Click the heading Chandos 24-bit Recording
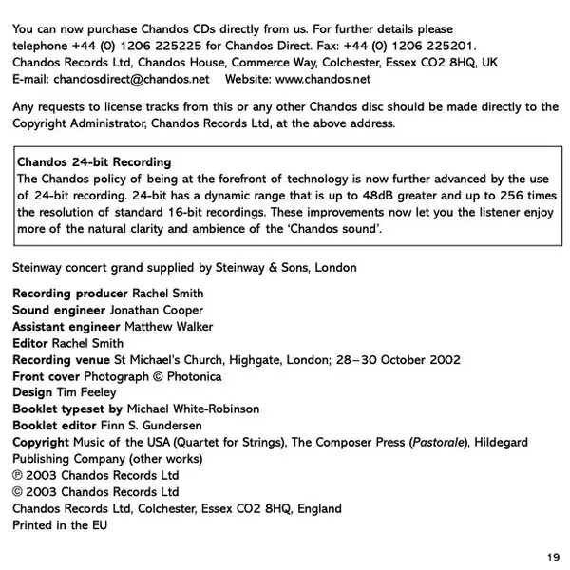[x=94, y=162]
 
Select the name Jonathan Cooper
[x=157, y=310]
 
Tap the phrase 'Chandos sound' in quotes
[x=339, y=229]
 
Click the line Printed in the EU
[x=60, y=525]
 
